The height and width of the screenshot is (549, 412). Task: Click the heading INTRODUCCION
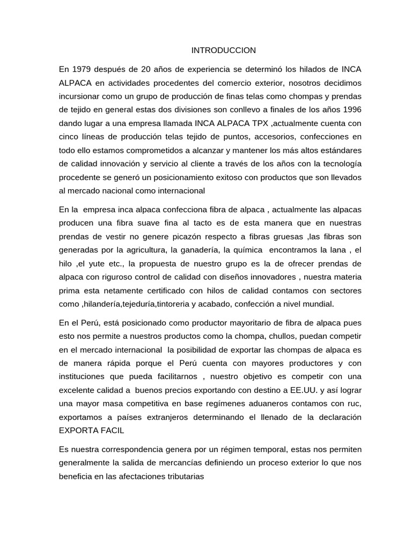point(224,50)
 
